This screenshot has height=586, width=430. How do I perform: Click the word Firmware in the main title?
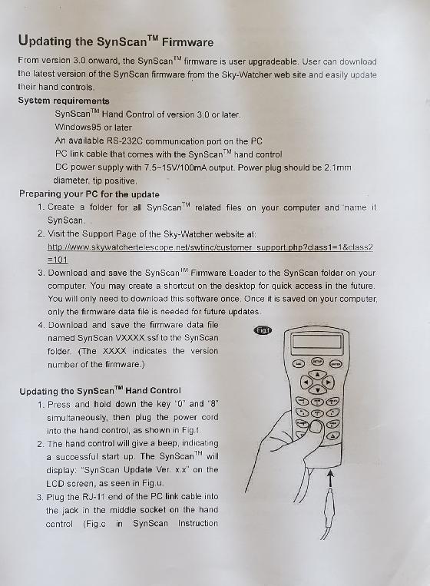(x=187, y=41)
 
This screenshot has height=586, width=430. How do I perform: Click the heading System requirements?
(x=64, y=101)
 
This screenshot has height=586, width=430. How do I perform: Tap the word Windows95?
(x=78, y=127)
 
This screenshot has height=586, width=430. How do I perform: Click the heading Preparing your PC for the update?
(x=89, y=194)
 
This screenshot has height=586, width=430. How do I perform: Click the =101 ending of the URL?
(x=58, y=260)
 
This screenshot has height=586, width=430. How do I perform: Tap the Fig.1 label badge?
(x=263, y=330)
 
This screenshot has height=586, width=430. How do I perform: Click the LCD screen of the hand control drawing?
(x=317, y=342)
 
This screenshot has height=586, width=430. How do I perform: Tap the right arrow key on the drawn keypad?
(x=328, y=382)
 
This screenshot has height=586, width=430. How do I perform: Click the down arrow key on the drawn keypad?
(x=318, y=390)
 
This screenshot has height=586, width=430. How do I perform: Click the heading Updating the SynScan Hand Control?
(x=100, y=391)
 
